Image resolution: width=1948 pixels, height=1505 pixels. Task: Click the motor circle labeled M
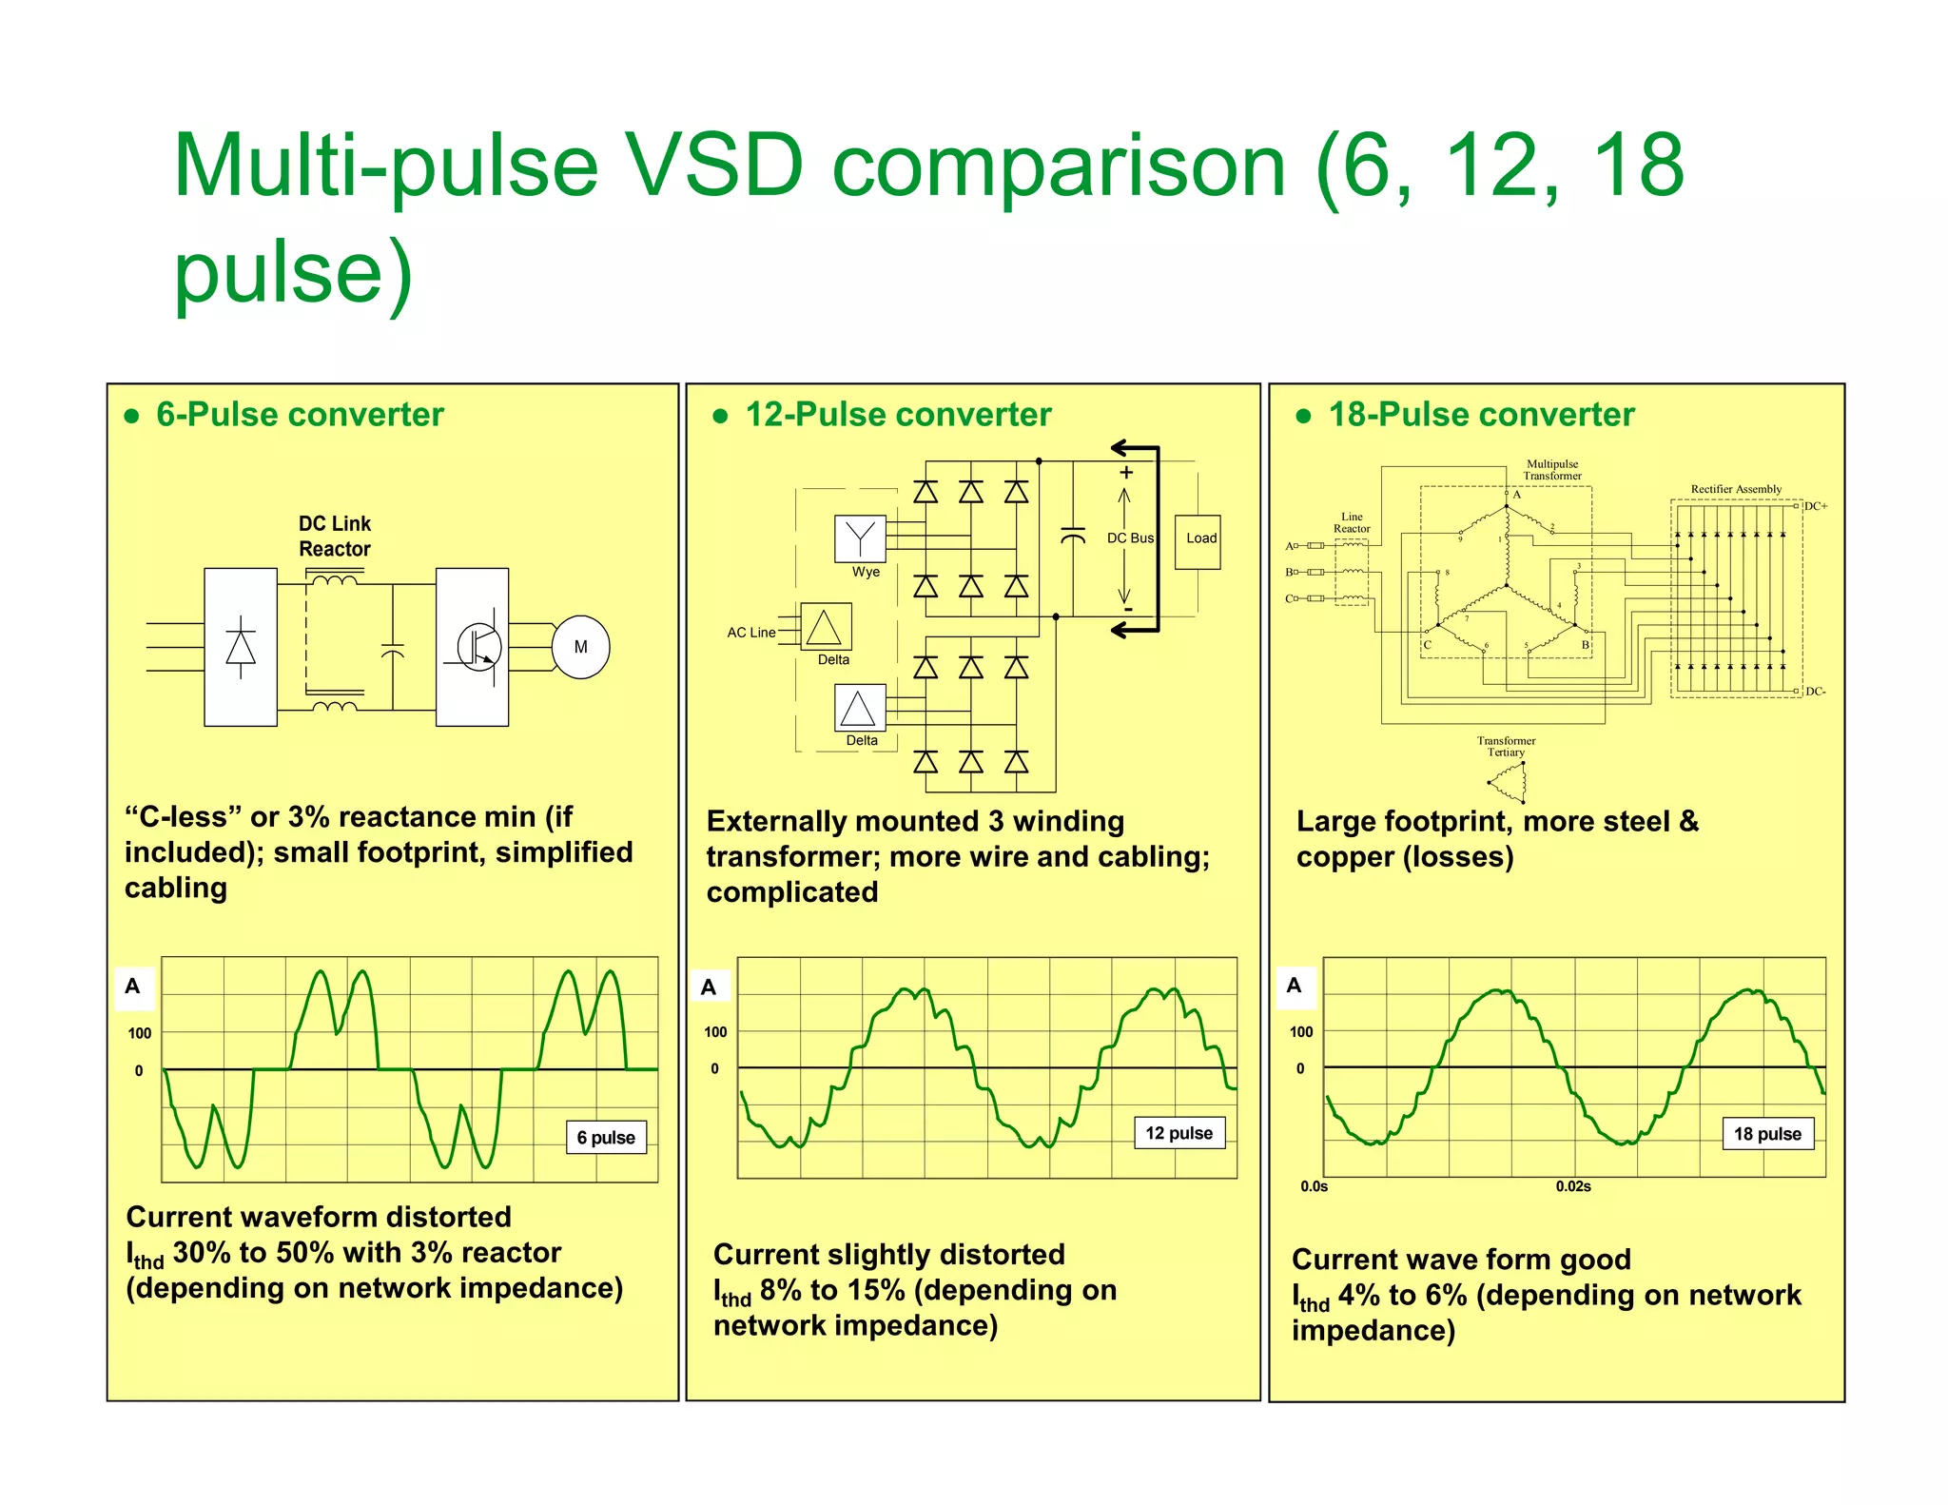click(x=580, y=647)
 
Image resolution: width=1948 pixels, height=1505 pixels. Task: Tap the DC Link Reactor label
click(x=334, y=537)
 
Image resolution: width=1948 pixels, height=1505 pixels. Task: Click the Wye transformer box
click(x=859, y=538)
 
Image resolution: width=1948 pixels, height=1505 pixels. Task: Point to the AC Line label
click(x=750, y=632)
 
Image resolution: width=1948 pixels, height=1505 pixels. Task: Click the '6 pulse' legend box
click(x=606, y=1137)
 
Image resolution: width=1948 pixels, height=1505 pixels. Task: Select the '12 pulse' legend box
click(x=1179, y=1133)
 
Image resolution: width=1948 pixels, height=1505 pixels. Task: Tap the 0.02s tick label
click(x=1572, y=1186)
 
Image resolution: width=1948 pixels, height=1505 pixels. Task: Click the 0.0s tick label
click(x=1314, y=1186)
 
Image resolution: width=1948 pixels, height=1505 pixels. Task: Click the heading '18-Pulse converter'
click(x=1480, y=415)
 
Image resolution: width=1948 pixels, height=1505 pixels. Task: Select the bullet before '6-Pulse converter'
click(x=132, y=416)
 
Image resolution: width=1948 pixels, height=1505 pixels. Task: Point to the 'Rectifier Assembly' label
click(x=1735, y=489)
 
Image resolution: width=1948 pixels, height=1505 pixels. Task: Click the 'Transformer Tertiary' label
click(x=1506, y=746)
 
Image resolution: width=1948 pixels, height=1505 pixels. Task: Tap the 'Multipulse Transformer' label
click(x=1551, y=470)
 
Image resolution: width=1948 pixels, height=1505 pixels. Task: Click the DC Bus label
click(x=1129, y=537)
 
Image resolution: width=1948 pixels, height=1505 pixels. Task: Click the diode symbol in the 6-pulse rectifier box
click(x=241, y=647)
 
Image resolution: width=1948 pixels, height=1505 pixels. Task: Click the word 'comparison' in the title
click(x=1058, y=166)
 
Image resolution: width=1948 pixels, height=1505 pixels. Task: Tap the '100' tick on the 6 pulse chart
click(x=139, y=1033)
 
